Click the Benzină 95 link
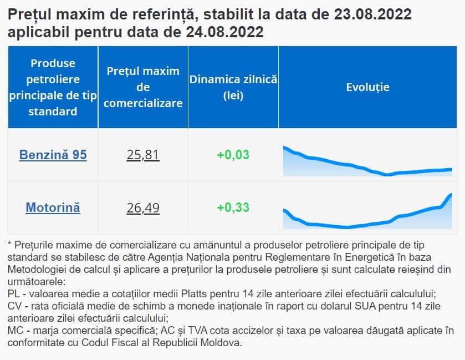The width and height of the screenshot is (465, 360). (53, 155)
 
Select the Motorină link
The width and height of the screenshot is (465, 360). (53, 208)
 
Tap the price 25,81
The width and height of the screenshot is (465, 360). (143, 155)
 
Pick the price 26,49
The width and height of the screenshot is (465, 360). (143, 208)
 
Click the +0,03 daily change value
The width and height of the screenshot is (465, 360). (233, 155)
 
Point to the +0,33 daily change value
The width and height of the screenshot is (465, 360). (233, 208)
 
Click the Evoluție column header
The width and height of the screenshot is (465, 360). (367, 87)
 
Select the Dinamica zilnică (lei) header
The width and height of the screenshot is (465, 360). (233, 87)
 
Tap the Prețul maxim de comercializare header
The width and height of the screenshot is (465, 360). (143, 87)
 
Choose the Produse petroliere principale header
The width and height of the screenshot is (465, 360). (53, 87)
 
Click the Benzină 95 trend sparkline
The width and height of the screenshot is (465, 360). (367, 162)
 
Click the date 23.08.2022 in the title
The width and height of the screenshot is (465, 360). (373, 14)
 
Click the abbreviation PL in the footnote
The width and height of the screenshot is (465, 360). (15, 293)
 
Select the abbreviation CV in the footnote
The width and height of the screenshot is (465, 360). (16, 306)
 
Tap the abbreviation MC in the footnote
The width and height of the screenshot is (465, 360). (16, 331)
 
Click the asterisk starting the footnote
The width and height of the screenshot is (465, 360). (10, 244)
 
